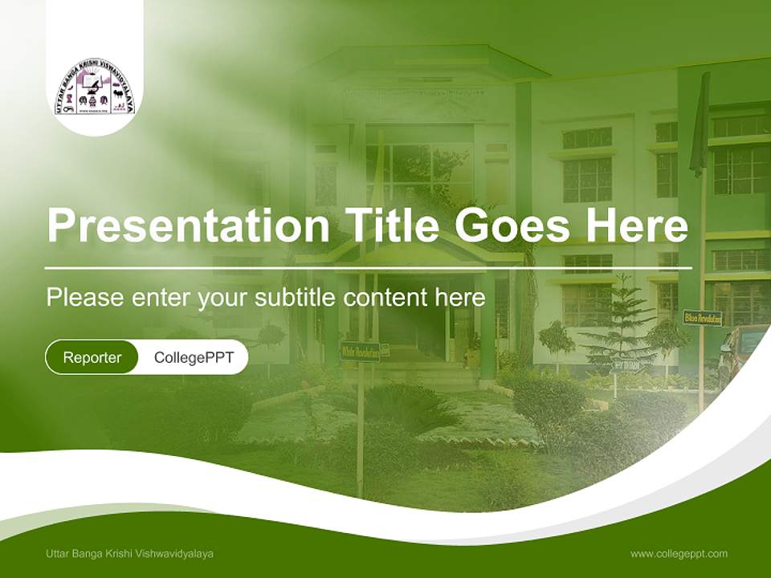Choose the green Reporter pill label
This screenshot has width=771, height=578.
(x=92, y=357)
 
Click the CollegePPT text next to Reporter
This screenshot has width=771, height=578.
(x=194, y=357)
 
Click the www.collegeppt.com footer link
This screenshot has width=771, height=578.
(x=679, y=554)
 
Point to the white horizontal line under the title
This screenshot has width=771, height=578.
(x=368, y=267)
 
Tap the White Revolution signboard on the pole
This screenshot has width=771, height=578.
(x=360, y=351)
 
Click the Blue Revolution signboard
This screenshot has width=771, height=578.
(x=702, y=318)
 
